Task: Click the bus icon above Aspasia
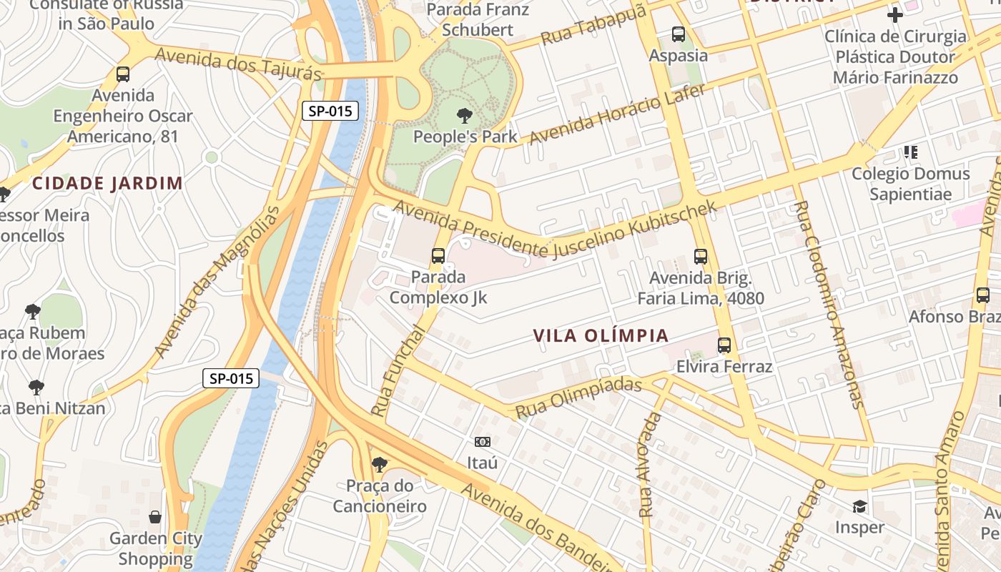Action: [679, 34]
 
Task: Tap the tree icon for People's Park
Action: [465, 115]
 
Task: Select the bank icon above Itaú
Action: [483, 442]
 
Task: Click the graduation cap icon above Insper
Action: [859, 507]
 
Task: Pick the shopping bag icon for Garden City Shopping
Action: [155, 517]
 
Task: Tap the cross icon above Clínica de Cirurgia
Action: [894, 14]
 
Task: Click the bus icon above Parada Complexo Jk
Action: [438, 255]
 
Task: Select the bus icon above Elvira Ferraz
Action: [724, 345]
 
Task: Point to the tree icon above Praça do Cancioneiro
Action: [380, 465]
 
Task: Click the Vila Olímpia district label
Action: [601, 335]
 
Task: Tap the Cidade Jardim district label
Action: [107, 183]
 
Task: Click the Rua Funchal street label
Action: [398, 371]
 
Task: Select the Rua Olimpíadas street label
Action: [578, 398]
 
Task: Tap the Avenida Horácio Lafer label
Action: [617, 113]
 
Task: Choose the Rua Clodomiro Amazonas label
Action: [828, 304]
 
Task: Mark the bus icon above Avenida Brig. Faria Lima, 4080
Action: [701, 257]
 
